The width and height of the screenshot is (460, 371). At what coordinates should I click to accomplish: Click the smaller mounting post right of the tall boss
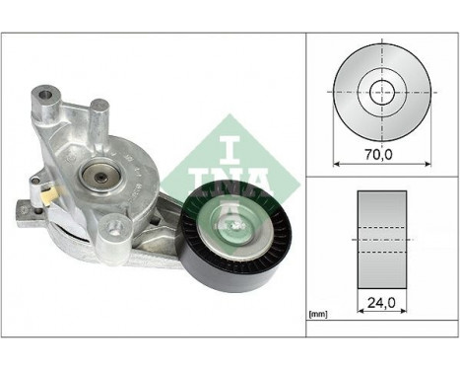point(95,106)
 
